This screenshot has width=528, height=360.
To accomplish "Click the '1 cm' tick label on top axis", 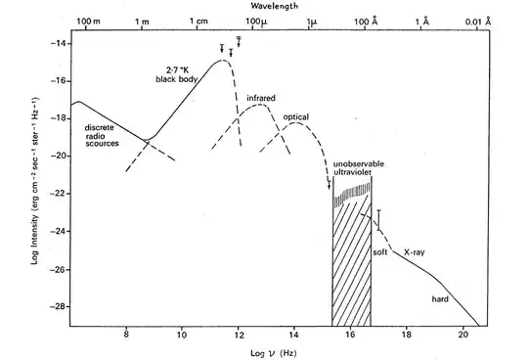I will click(x=200, y=22).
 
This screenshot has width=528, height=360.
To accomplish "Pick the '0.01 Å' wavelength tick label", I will click(x=477, y=22).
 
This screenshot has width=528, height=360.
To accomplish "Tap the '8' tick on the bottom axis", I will click(x=126, y=336).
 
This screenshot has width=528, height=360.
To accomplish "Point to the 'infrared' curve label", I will click(x=260, y=99).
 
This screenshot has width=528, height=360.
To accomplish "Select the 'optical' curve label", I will click(x=296, y=117).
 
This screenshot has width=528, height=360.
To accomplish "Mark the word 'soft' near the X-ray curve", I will click(x=380, y=251).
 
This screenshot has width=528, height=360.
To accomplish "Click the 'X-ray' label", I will click(x=416, y=251).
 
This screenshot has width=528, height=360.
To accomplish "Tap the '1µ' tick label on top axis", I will click(x=312, y=22).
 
